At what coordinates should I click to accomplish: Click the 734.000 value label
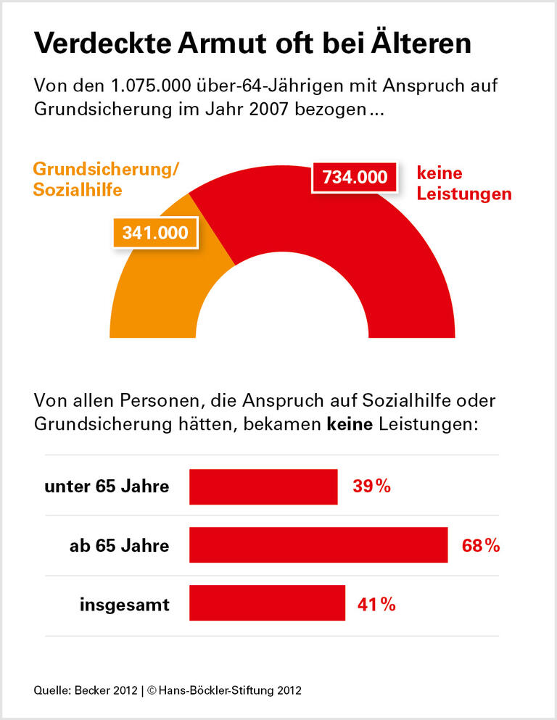tap(355, 177)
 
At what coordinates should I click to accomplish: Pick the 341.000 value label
tap(155, 233)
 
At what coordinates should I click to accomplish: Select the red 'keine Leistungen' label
tap(463, 183)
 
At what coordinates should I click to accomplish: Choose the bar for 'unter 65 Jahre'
tap(263, 487)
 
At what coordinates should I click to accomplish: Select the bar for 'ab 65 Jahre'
tap(318, 545)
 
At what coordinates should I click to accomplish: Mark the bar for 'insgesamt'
tap(267, 603)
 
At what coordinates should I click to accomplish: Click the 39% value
tap(372, 487)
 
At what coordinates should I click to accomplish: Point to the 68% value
tap(481, 545)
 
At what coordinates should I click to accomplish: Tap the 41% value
tap(376, 603)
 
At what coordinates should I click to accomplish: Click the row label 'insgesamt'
tap(124, 604)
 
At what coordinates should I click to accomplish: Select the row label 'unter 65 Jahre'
tap(107, 487)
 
